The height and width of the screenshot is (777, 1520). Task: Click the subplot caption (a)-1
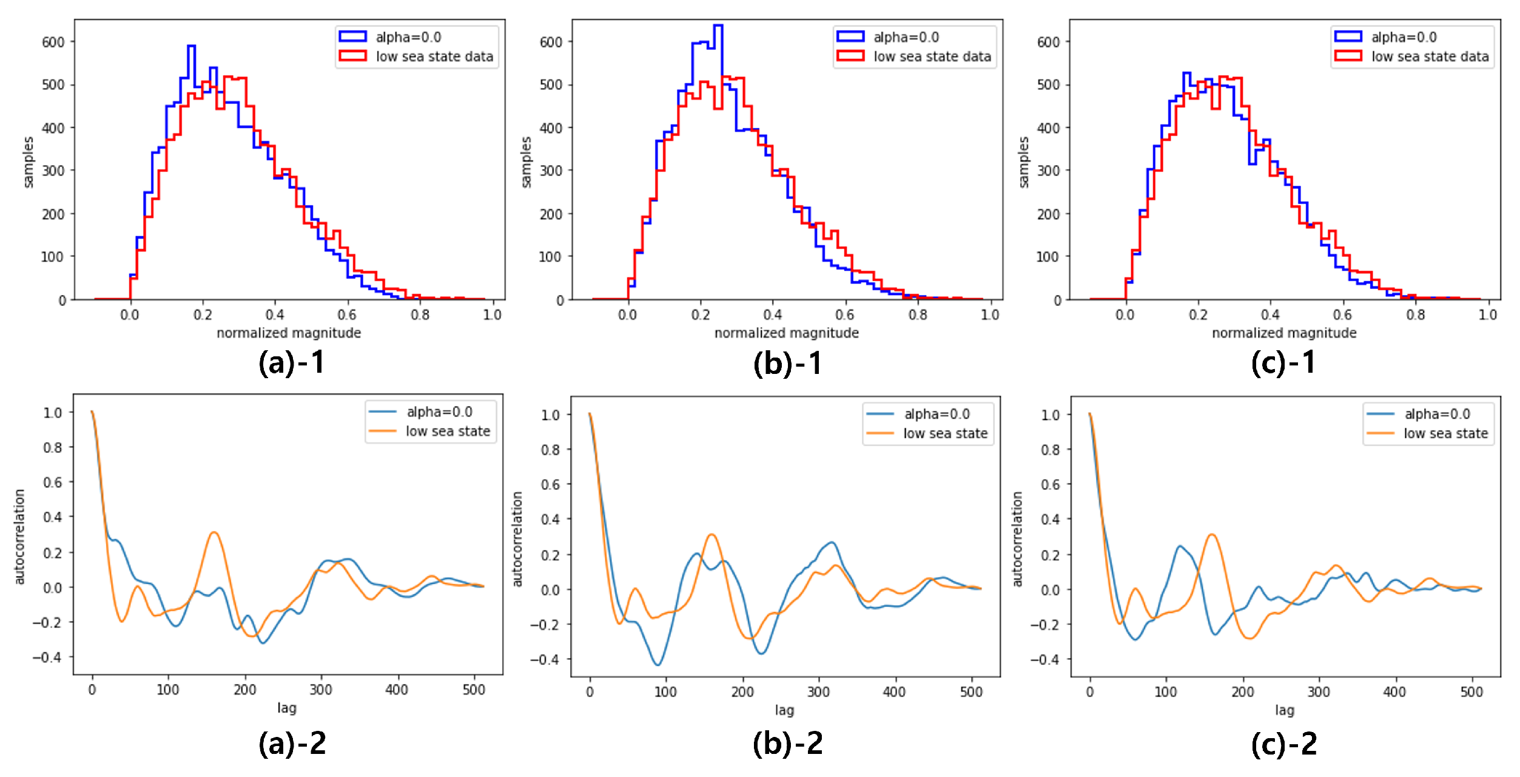pyautogui.click(x=292, y=363)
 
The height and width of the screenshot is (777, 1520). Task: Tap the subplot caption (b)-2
pyautogui.click(x=788, y=743)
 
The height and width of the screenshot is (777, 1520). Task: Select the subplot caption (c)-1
pyautogui.click(x=1283, y=363)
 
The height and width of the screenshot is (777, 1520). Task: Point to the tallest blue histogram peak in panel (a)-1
pyautogui.click(x=191, y=47)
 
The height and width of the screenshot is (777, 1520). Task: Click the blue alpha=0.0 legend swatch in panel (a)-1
pyautogui.click(x=352, y=37)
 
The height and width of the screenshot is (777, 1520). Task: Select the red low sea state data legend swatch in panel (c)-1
pyautogui.click(x=1348, y=56)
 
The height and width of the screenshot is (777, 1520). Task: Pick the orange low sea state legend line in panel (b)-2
pyautogui.click(x=879, y=433)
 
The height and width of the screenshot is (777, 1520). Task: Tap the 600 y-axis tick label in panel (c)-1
pyautogui.click(x=1048, y=42)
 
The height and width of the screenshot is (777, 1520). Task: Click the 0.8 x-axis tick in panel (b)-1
pyautogui.click(x=918, y=314)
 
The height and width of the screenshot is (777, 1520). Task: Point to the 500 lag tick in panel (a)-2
pyautogui.click(x=474, y=690)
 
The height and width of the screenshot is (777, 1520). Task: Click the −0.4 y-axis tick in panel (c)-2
pyautogui.click(x=1044, y=659)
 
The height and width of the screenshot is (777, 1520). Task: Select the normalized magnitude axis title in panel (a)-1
pyautogui.click(x=289, y=333)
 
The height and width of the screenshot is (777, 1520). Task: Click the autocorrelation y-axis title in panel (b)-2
pyautogui.click(x=517, y=539)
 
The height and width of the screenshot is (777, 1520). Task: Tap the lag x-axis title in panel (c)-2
pyautogui.click(x=1284, y=710)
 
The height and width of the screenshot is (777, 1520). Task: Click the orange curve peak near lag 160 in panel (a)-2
pyautogui.click(x=214, y=533)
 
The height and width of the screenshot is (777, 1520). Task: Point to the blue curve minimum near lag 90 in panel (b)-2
pyautogui.click(x=658, y=665)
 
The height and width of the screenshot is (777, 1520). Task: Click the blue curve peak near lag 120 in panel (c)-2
pyautogui.click(x=1180, y=546)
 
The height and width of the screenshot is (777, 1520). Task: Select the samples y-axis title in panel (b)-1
pyautogui.click(x=526, y=162)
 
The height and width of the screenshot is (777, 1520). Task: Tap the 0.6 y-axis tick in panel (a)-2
pyautogui.click(x=52, y=482)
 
